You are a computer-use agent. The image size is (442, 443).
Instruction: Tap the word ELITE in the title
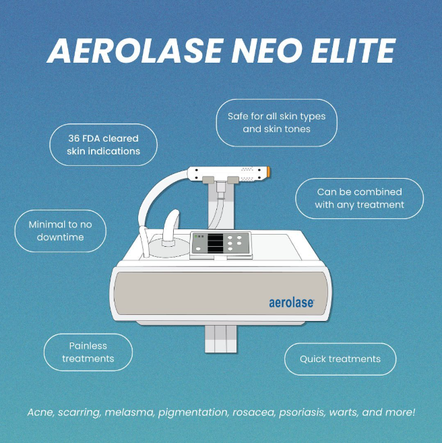point(353,51)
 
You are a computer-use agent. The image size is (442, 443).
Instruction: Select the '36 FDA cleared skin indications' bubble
point(103,145)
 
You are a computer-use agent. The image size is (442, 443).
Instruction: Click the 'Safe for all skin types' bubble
point(277,123)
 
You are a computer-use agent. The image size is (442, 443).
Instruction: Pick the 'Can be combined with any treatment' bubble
point(359,198)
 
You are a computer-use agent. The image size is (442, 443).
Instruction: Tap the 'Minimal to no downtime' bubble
point(61,231)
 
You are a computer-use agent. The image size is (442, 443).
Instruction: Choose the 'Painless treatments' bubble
point(88,352)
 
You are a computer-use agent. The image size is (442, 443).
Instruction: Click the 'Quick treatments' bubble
point(340,359)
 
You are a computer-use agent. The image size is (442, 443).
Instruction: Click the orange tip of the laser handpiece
point(268,171)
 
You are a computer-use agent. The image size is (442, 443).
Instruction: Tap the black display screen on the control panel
point(215,243)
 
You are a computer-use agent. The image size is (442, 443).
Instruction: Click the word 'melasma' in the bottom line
point(129,412)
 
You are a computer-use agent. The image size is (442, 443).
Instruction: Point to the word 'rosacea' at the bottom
point(253,413)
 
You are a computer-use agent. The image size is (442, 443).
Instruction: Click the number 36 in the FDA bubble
point(74,138)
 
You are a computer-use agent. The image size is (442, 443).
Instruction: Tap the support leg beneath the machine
point(221,339)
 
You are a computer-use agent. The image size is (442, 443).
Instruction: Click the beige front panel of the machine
point(221,293)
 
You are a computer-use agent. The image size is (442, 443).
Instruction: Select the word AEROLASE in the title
point(135,51)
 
